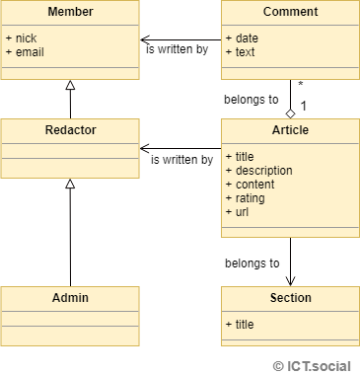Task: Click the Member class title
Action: (x=70, y=12)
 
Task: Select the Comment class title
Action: (x=290, y=12)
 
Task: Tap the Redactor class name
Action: (x=70, y=130)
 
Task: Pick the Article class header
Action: (x=290, y=130)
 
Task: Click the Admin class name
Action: (x=70, y=297)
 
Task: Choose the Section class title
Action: (x=290, y=297)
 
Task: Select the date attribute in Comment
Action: (x=244, y=37)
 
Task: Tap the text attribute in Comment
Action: (x=242, y=51)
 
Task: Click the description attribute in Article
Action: (x=261, y=170)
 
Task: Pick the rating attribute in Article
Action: (x=247, y=197)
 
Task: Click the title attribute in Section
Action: (x=243, y=323)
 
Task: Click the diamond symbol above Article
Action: (x=290, y=112)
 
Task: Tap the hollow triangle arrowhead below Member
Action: (x=70, y=86)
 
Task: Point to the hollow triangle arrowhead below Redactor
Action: (x=70, y=185)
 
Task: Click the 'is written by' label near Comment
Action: (x=177, y=48)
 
